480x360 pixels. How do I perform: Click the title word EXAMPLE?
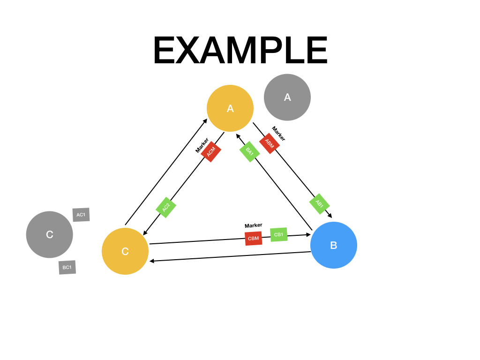(x=240, y=51)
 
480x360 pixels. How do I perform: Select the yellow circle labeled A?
(x=230, y=108)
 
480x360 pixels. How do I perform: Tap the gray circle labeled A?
(x=287, y=97)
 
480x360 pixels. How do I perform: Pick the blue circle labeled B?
(x=334, y=245)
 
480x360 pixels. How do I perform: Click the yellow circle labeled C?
(x=125, y=251)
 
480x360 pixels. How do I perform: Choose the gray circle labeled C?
(x=50, y=234)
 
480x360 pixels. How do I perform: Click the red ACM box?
(x=211, y=151)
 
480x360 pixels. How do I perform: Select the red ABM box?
(x=270, y=143)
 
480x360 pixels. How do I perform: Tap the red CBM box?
(x=253, y=238)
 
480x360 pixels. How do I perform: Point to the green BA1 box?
(x=249, y=152)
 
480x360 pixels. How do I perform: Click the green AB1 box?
(x=319, y=204)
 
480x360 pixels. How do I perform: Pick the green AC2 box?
(x=166, y=207)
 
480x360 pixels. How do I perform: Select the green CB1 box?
(x=278, y=234)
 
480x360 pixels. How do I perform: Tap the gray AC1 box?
(x=81, y=215)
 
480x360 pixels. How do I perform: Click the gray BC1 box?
(x=67, y=267)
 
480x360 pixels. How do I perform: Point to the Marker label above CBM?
(x=253, y=225)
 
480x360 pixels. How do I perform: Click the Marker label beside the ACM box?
(x=202, y=145)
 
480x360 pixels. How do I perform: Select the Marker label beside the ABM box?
(x=278, y=134)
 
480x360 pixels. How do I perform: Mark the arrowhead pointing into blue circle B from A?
(x=330, y=216)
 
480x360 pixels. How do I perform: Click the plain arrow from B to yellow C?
(x=230, y=256)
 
